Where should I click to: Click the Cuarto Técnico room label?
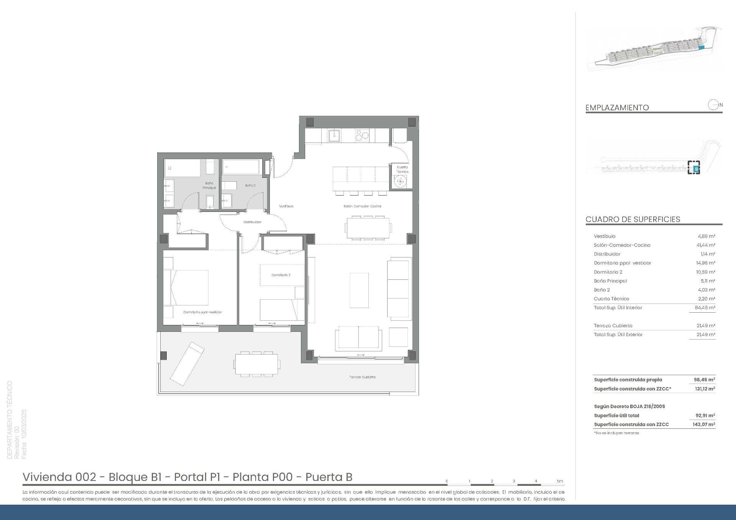[x=402, y=169]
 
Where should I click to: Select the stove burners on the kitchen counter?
[x=362, y=135]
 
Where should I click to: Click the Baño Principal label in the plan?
[x=209, y=185]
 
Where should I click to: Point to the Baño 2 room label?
[x=250, y=185]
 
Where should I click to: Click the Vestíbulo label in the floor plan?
[x=286, y=206]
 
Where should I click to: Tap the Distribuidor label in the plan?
[x=252, y=222]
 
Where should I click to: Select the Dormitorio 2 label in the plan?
[x=281, y=275]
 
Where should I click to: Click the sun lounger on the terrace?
[x=187, y=364]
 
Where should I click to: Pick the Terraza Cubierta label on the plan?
[x=362, y=377]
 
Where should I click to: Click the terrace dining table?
[x=256, y=363]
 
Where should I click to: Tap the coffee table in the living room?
[x=359, y=290]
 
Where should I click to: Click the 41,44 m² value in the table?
[x=705, y=245]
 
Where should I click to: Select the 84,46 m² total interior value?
[x=705, y=308]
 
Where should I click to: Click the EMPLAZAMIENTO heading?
[x=617, y=108]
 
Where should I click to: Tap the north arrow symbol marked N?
[x=714, y=105]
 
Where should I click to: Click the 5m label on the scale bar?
[x=560, y=481]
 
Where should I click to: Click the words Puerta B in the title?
[x=329, y=477]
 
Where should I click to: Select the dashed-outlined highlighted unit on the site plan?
[x=693, y=168]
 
